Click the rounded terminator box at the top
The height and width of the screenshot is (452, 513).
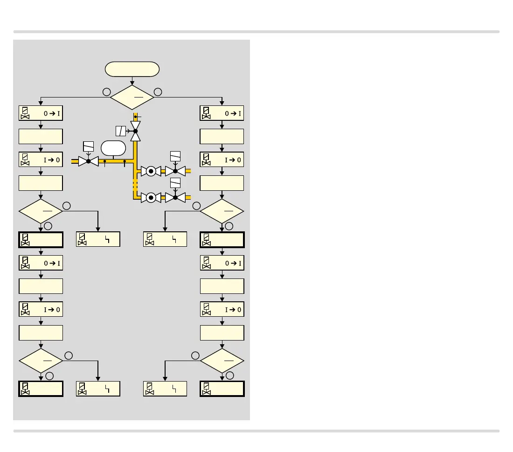pyautogui.click(x=132, y=70)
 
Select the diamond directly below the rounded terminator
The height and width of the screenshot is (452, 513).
pyautogui.click(x=132, y=97)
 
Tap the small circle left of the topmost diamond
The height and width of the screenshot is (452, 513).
pyautogui.click(x=106, y=92)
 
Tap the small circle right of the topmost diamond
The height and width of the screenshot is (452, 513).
pyautogui.click(x=158, y=92)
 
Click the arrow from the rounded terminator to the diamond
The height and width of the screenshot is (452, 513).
pyautogui.click(x=132, y=81)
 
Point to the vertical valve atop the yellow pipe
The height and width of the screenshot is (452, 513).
pyautogui.click(x=135, y=132)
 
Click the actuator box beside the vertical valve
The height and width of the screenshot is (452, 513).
pyautogui.click(x=121, y=131)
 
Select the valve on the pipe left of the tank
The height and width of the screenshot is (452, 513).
pyautogui.click(x=88, y=161)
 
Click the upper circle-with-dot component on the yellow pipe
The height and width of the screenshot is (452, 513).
pyautogui.click(x=151, y=171)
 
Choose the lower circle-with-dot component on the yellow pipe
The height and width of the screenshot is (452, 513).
pyautogui.click(x=151, y=197)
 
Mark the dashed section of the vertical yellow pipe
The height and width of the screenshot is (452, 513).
pyautogui.click(x=135, y=184)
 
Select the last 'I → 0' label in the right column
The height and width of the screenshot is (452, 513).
pyautogui.click(x=232, y=309)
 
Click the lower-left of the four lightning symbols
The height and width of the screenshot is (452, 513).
pyautogui.click(x=107, y=389)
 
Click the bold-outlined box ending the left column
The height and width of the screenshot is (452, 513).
pyautogui.click(x=41, y=389)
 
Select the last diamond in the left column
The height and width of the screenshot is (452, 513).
pyautogui.click(x=41, y=360)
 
